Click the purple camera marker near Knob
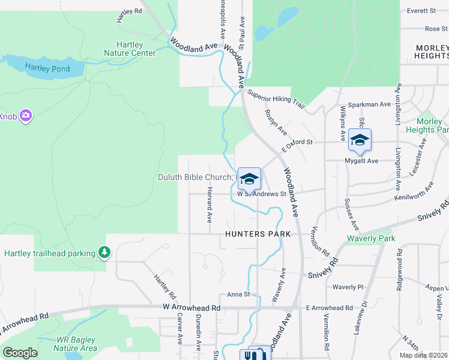pos(26,115)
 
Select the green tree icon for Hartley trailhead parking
pos(105,253)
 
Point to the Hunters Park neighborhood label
pos(258,234)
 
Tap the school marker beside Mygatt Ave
pos(360,140)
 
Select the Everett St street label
pos(421,11)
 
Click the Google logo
pos(20,352)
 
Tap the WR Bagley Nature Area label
pos(76,344)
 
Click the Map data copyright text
pos(423,355)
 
